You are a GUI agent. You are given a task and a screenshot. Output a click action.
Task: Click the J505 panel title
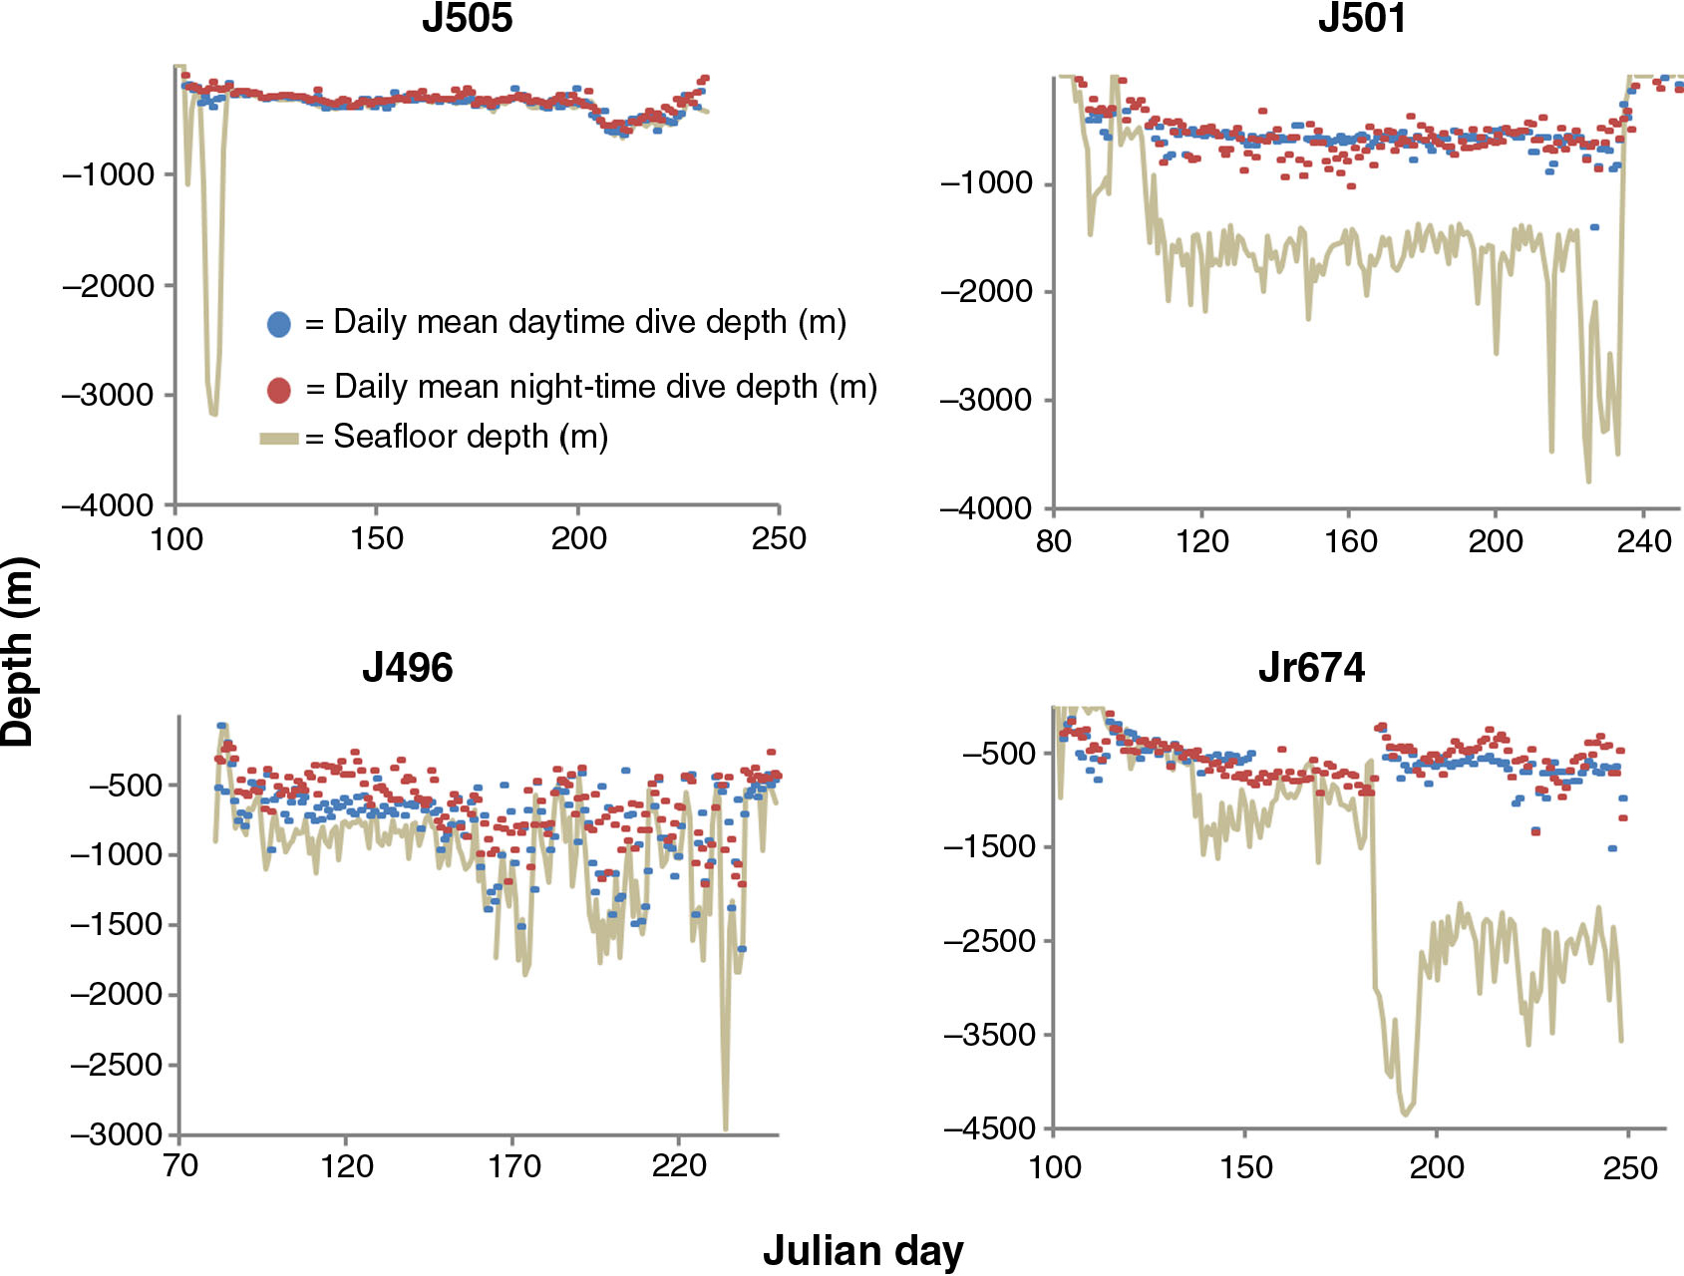[467, 18]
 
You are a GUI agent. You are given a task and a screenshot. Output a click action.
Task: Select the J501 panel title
[1362, 18]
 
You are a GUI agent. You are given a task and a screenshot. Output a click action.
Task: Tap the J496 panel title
[407, 667]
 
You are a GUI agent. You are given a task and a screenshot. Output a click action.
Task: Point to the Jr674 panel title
[1311, 667]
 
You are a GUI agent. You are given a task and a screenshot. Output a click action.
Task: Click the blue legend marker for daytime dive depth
[279, 324]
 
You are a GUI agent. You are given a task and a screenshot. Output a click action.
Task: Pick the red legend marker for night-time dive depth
[279, 390]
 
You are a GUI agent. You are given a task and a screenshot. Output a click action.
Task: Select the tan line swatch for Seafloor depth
[279, 439]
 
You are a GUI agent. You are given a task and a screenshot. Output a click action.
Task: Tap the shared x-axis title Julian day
[863, 1250]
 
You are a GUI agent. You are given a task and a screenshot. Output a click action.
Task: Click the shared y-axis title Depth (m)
[18, 652]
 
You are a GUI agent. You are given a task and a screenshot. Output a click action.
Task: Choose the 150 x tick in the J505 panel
[377, 539]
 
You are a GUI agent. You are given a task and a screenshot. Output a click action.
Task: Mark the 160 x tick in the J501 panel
[1350, 541]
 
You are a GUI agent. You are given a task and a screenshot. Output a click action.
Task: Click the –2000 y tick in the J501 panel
[986, 292]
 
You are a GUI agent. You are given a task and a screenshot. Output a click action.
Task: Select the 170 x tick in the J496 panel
[512, 1165]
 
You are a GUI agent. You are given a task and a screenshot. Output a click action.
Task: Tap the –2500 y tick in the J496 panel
[116, 1065]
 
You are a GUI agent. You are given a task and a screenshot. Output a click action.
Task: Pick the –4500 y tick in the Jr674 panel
[990, 1129]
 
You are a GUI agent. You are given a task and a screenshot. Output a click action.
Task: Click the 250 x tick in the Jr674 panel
[1629, 1167]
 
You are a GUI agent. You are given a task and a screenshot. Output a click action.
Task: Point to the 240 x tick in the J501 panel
[1643, 541]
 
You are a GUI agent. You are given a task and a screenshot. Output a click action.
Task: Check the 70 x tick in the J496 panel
[179, 1165]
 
